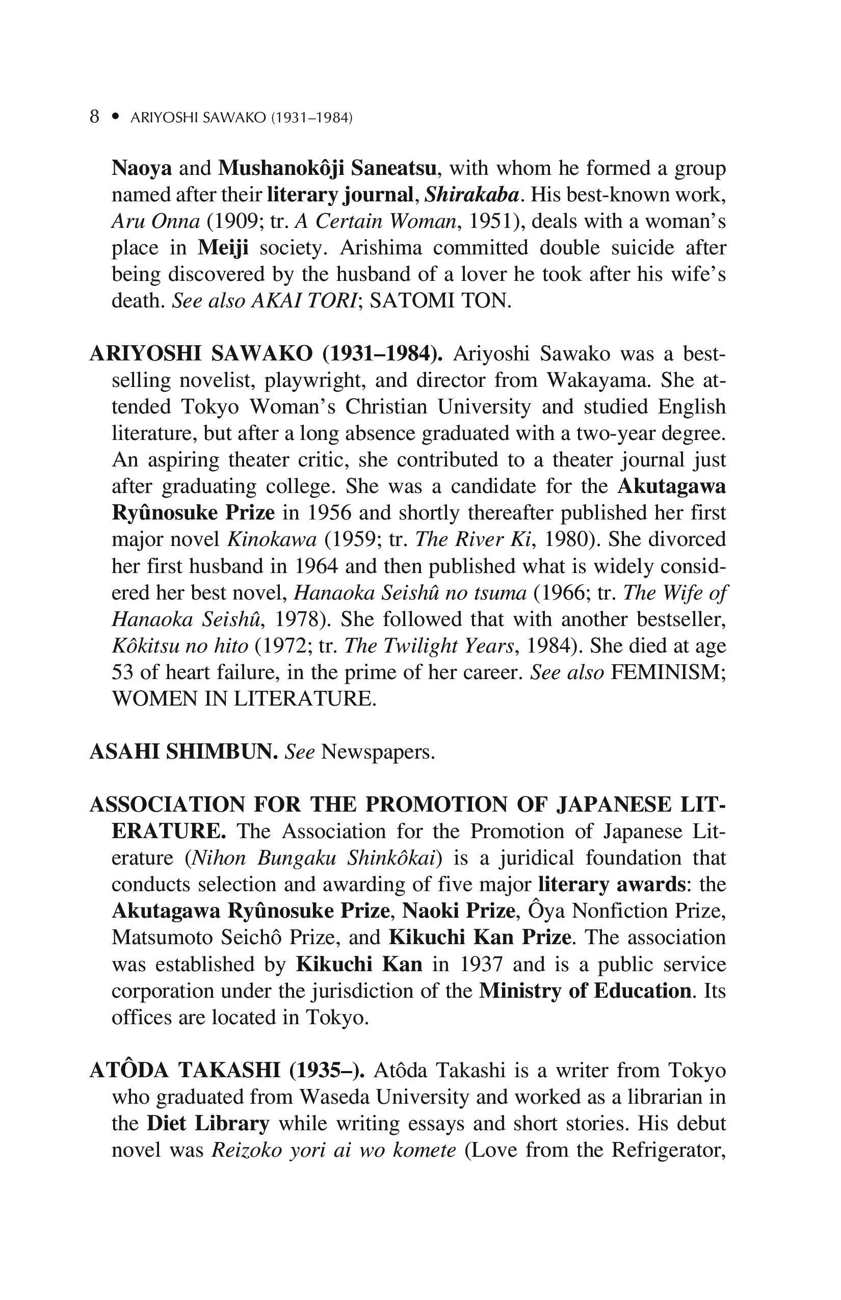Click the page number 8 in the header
click(x=94, y=117)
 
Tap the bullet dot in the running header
click(x=115, y=117)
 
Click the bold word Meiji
click(x=223, y=248)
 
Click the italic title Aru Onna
click(x=155, y=221)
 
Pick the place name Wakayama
click(x=597, y=380)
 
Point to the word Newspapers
click(x=378, y=752)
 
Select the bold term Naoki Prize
click(x=459, y=911)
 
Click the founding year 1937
click(x=481, y=964)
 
